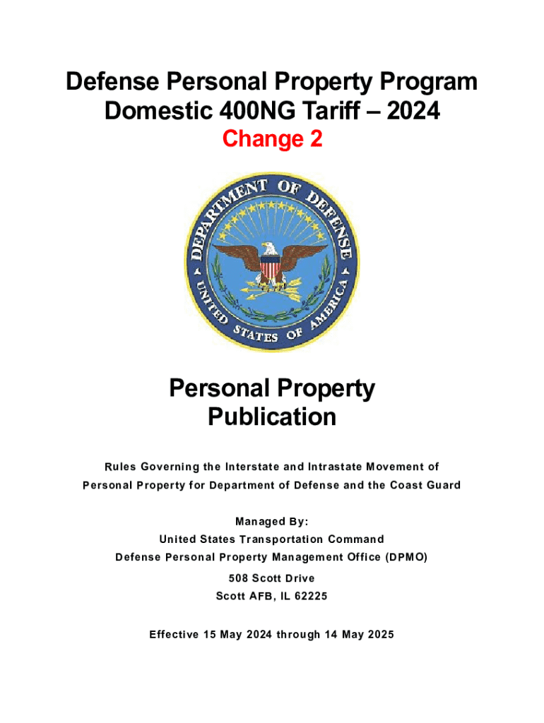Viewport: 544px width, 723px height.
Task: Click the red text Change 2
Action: [272, 140]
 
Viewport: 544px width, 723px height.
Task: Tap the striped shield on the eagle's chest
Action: [271, 268]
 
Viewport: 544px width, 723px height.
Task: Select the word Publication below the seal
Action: [272, 417]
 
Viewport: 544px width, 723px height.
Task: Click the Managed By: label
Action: [272, 522]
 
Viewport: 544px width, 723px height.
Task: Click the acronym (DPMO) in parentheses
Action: [407, 557]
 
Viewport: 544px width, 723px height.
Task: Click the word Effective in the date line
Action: [174, 634]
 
